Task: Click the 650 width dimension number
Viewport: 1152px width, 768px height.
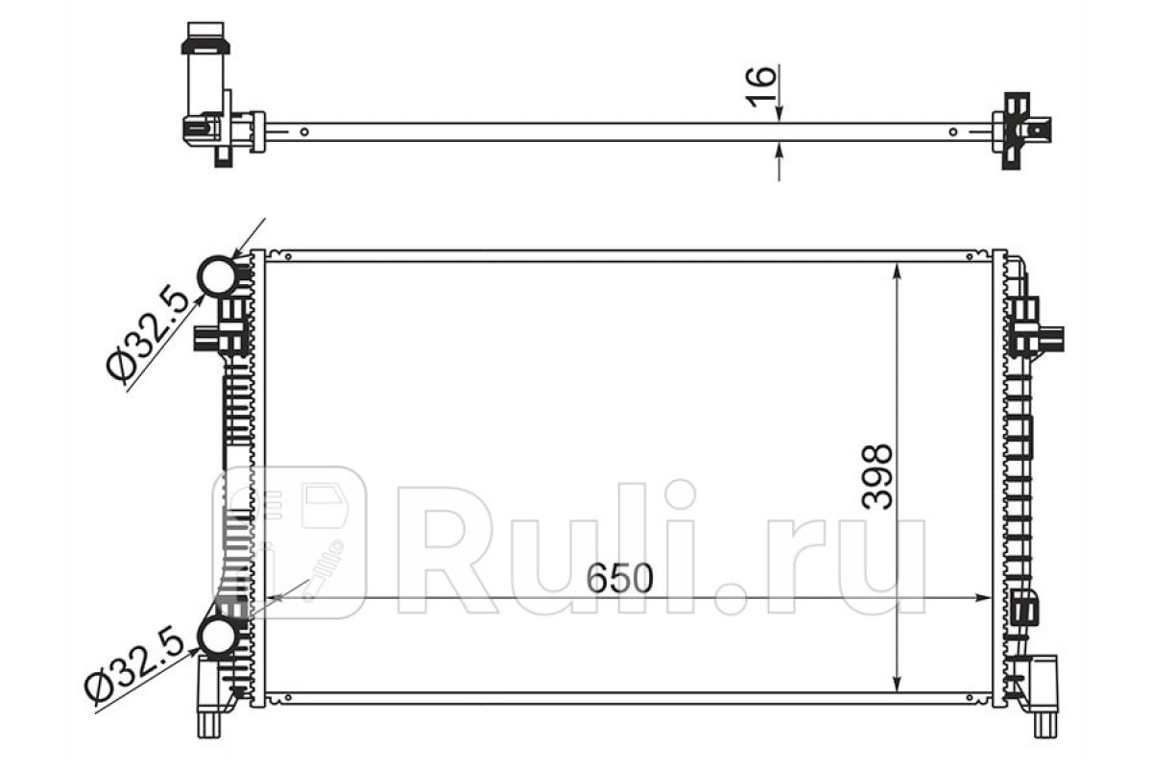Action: coord(619,578)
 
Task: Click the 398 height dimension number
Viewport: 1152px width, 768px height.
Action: coord(876,477)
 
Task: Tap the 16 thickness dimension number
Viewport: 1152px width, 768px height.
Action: coord(760,87)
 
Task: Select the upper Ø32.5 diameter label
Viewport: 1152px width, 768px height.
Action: coord(148,335)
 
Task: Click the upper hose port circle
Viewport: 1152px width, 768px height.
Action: coord(218,276)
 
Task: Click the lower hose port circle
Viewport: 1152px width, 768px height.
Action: coord(217,636)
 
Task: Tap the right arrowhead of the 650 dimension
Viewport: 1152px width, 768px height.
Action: coord(981,598)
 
